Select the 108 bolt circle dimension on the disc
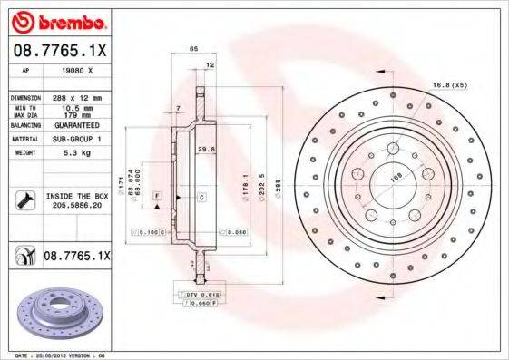tap(395, 179)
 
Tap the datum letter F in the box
tap(156, 196)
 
